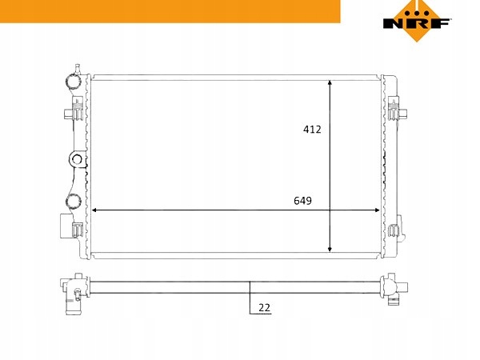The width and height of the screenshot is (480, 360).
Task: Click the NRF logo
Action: pyautogui.click(x=417, y=21)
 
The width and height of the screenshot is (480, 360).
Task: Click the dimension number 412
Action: pyautogui.click(x=312, y=130)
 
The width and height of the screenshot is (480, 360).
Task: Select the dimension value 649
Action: pyautogui.click(x=302, y=201)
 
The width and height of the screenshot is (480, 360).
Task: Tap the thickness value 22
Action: pyautogui.click(x=265, y=307)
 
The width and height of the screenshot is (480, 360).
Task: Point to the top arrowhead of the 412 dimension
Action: pyautogui.click(x=330, y=83)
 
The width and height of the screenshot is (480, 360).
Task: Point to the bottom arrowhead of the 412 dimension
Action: pyautogui.click(x=330, y=249)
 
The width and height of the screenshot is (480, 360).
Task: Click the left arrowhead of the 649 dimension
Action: pyautogui.click(x=95, y=210)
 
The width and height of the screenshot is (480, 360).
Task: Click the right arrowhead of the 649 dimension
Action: pyautogui.click(x=377, y=210)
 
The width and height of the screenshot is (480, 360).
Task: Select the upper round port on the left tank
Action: pyautogui.click(x=74, y=81)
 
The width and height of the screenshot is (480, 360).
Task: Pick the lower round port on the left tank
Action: pyautogui.click(x=74, y=202)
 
